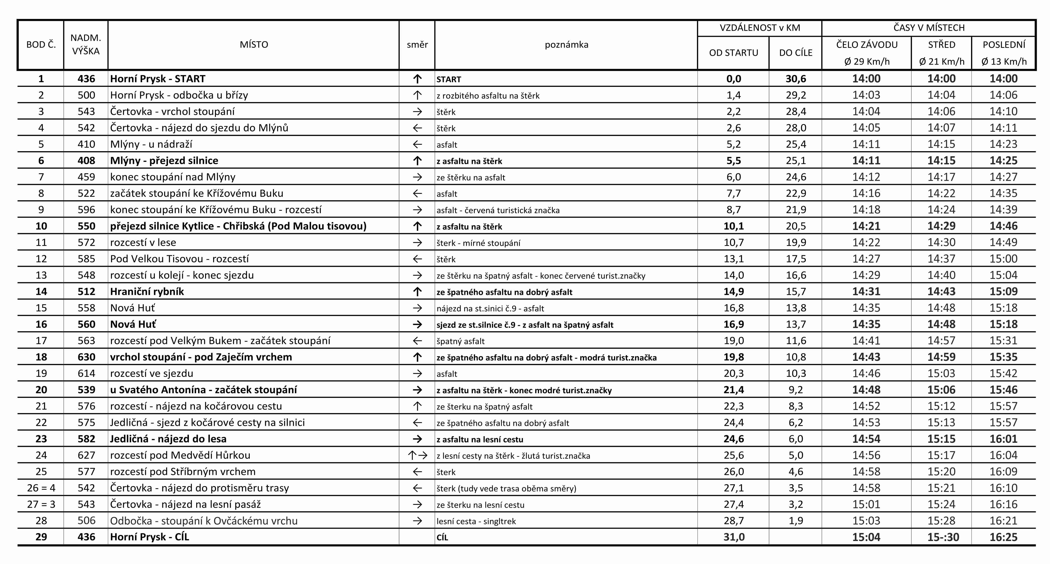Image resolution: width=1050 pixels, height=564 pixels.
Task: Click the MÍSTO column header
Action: tap(254, 44)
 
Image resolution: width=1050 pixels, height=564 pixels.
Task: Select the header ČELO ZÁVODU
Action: tap(866, 44)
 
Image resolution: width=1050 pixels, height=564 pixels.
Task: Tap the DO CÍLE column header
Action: tap(795, 53)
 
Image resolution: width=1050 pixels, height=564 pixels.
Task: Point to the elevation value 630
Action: tap(86, 357)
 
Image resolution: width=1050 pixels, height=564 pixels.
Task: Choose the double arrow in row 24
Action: tap(417, 455)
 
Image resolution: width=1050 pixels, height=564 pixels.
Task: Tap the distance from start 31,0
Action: tap(733, 537)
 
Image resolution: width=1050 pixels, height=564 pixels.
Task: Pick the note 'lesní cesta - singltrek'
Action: tap(476, 521)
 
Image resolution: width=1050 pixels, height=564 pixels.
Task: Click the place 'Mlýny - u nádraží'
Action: tap(151, 144)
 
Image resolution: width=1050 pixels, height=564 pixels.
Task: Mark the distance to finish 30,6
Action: tap(795, 79)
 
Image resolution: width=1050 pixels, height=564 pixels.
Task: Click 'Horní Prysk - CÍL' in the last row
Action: tap(150, 537)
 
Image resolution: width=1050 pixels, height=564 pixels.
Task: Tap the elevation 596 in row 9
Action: tap(86, 210)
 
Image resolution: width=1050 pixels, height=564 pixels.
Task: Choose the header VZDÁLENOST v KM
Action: tap(759, 28)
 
